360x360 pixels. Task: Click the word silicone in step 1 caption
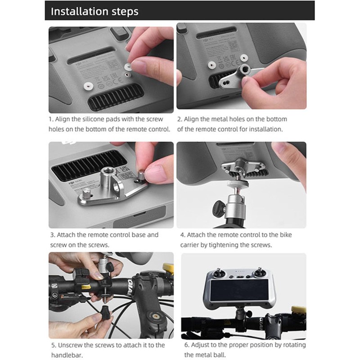point(94,119)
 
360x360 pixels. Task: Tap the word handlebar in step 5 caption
point(61,355)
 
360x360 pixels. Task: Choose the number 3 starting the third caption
point(52,235)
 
